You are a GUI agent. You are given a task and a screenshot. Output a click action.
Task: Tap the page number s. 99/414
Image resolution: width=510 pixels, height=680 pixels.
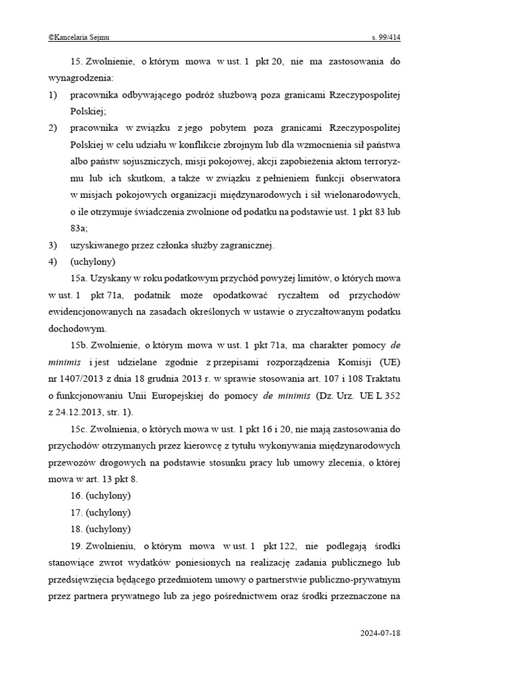[385, 38]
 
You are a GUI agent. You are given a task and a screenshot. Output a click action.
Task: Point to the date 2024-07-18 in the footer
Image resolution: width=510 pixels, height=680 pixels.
[381, 633]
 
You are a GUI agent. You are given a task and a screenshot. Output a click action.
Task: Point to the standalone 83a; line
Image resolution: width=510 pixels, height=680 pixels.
[79, 228]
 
